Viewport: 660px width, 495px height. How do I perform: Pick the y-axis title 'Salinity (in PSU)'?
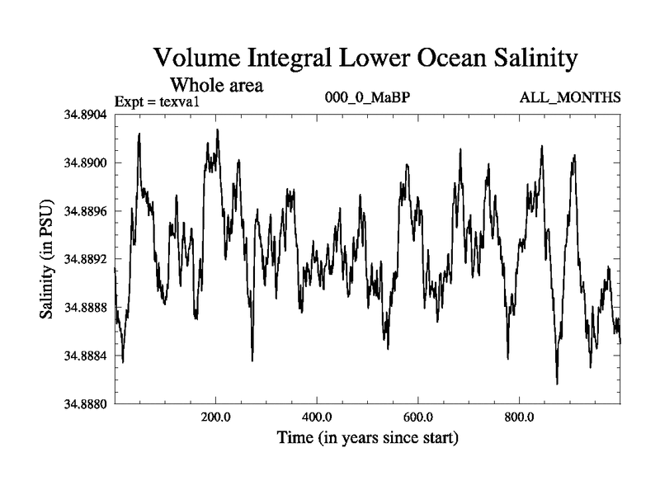coord(47,260)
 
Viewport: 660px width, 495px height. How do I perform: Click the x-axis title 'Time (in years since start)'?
coord(367,436)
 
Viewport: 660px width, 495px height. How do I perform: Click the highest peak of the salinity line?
coord(218,130)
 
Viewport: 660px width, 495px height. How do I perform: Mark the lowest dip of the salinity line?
coord(557,384)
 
